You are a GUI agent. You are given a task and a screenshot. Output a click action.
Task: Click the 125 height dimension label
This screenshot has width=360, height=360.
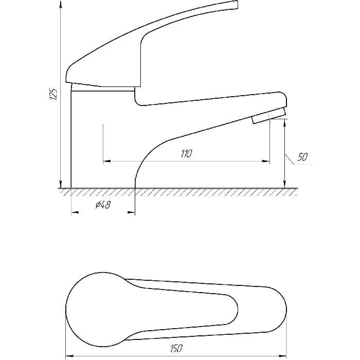pyautogui.click(x=53, y=94)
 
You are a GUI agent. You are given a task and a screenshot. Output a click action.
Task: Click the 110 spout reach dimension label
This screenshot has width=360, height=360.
pyautogui.click(x=186, y=154)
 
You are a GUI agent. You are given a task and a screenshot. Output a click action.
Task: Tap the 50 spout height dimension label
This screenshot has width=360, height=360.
pyautogui.click(x=302, y=157)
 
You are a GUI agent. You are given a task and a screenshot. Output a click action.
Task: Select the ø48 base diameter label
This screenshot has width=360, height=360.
pyautogui.click(x=103, y=204)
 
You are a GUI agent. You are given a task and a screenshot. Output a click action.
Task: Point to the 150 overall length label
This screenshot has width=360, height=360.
pyautogui.click(x=176, y=348)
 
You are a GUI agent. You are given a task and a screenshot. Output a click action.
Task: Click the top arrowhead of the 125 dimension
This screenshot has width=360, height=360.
pyautogui.click(x=61, y=4)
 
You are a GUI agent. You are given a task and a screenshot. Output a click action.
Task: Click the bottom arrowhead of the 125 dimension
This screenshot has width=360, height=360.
pyautogui.click(x=61, y=184)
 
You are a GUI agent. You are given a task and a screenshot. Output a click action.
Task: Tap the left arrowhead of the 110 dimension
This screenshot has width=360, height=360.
pyautogui.click(x=107, y=161)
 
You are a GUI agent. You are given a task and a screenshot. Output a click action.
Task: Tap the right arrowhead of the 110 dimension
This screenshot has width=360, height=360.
pyautogui.click(x=266, y=161)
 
